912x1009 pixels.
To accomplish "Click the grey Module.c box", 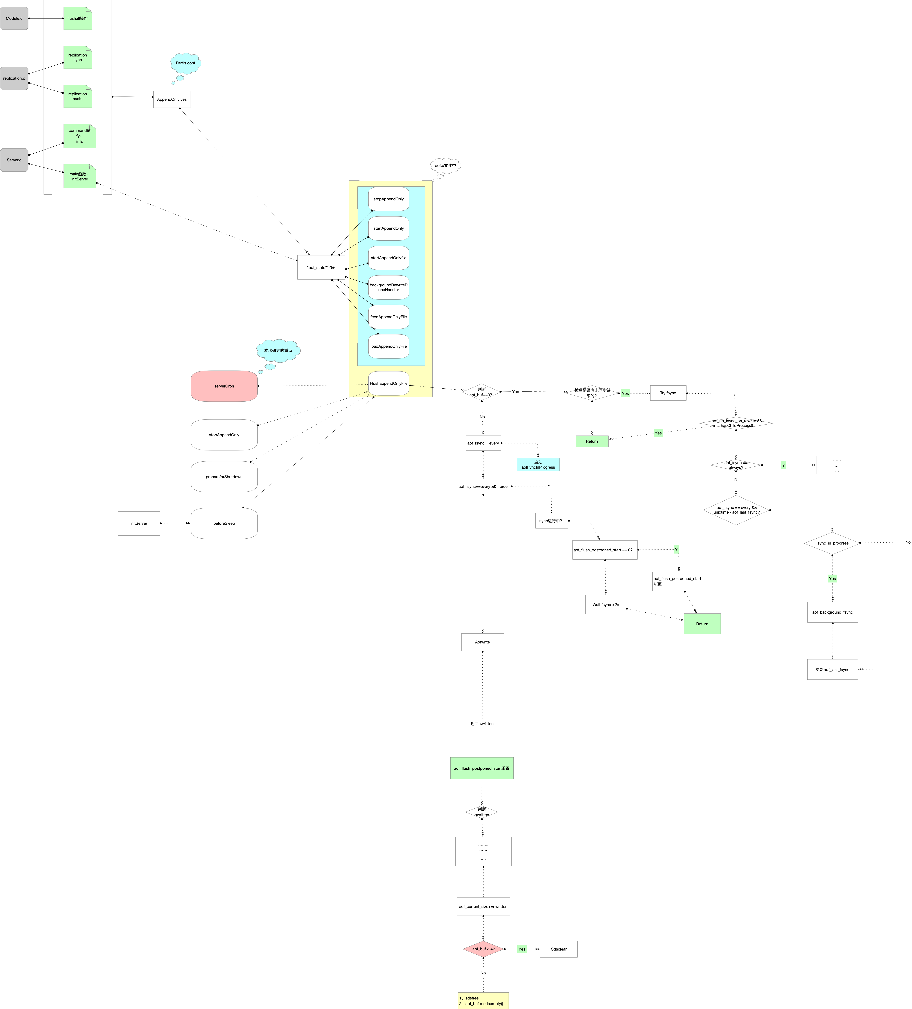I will tap(14, 19).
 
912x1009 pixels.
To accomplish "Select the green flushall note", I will tap(78, 19).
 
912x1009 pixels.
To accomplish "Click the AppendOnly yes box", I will tap(172, 99).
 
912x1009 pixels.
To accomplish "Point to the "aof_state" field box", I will tap(321, 267).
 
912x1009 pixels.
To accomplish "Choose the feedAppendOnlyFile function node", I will tap(388, 317).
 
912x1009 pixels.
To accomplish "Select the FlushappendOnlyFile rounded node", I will tap(388, 383).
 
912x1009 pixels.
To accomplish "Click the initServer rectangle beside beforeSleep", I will tap(139, 523).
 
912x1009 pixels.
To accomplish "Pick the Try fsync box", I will tap(668, 393).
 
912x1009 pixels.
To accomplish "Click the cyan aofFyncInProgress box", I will tap(538, 464).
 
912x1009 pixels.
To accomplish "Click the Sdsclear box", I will tap(559, 949).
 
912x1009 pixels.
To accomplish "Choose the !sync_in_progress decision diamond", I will tap(832, 543).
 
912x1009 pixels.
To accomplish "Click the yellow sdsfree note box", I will tap(483, 1001).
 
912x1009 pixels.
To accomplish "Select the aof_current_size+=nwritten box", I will tap(483, 906).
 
